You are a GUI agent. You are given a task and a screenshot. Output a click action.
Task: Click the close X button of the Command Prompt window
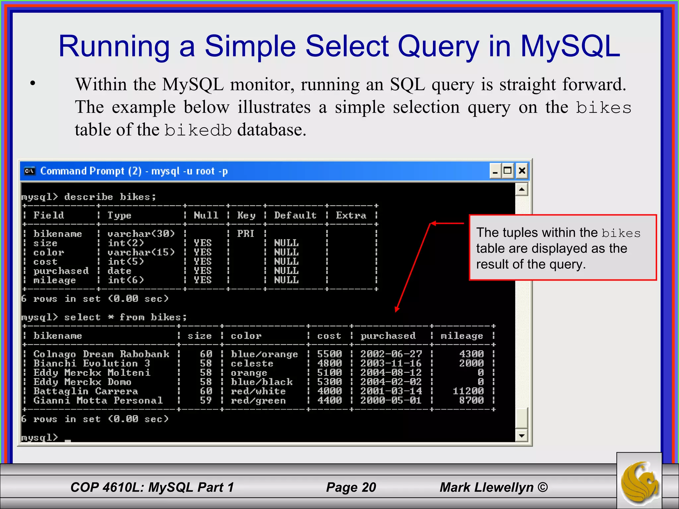tap(522, 171)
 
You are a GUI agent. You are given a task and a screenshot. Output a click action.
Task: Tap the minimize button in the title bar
tap(495, 171)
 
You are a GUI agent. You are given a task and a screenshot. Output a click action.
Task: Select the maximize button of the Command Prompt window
tap(508, 171)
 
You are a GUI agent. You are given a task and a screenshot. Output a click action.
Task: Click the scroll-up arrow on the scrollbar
tap(522, 190)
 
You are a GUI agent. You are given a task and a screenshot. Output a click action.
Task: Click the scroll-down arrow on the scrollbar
tap(522, 435)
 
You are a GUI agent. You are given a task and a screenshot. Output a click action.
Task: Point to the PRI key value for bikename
tap(246, 234)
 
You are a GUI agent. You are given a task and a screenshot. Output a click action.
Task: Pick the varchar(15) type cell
tap(141, 252)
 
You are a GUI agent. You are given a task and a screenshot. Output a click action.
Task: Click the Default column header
tap(295, 215)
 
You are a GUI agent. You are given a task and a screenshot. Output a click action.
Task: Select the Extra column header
tap(351, 215)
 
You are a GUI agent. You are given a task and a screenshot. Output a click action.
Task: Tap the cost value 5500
tap(329, 354)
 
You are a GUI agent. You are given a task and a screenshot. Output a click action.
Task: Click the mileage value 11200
tap(468, 391)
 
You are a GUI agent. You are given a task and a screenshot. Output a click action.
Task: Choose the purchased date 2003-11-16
tap(391, 363)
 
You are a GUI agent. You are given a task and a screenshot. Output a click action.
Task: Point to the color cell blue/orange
tap(264, 354)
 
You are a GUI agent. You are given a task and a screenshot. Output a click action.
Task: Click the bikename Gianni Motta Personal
tap(98, 400)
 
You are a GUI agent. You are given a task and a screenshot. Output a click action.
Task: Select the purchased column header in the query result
tap(388, 336)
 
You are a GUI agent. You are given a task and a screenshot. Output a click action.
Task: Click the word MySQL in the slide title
tap(570, 46)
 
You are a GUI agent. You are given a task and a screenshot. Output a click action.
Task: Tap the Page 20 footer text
tap(351, 487)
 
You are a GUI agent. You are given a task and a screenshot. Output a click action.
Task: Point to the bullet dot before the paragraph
tap(32, 84)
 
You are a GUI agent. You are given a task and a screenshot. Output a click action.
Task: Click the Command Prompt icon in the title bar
tap(30, 171)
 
